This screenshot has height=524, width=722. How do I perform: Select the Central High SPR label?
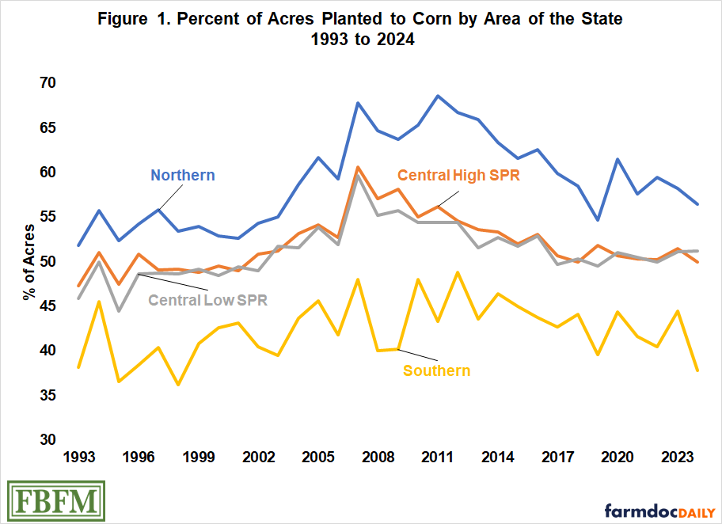click(x=458, y=175)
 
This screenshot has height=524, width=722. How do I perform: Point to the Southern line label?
click(x=436, y=370)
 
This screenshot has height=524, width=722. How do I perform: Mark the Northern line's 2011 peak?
click(x=437, y=96)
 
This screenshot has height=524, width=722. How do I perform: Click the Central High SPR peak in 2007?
click(x=359, y=167)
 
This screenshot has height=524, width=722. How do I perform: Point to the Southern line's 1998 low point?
click(x=178, y=385)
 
